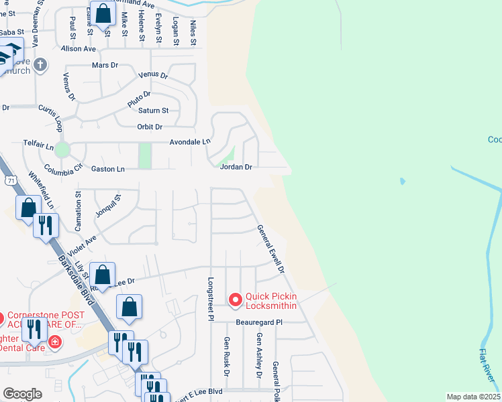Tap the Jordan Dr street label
(236, 167)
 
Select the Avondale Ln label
(190, 142)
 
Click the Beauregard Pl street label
(260, 322)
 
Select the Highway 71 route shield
(10, 181)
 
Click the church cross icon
(41, 65)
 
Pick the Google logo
(22, 394)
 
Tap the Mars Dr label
(105, 65)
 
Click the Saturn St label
(153, 111)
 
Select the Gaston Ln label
(111, 170)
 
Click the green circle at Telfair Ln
(62, 149)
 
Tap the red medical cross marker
(54, 344)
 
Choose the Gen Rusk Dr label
(227, 356)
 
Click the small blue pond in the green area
(402, 182)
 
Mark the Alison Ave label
(79, 49)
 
